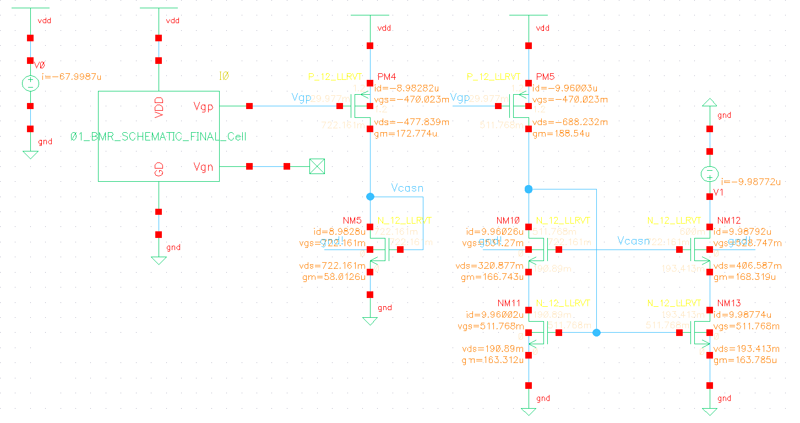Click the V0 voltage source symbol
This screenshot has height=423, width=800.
coord(30,84)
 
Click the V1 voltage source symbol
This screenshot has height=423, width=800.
coord(710,175)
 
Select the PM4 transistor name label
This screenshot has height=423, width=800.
coord(387,77)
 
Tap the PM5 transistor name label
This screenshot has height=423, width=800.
coord(546,77)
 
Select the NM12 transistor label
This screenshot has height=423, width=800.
coord(730,220)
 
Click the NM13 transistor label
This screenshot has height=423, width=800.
coord(730,303)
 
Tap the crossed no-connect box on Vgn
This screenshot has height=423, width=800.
coord(317,166)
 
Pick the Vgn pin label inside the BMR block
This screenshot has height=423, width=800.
coord(203,166)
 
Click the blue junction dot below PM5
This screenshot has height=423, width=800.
coord(529,189)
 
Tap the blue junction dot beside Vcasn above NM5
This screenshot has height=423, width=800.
coord(370,196)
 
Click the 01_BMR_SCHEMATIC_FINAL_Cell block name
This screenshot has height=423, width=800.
coord(159,137)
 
